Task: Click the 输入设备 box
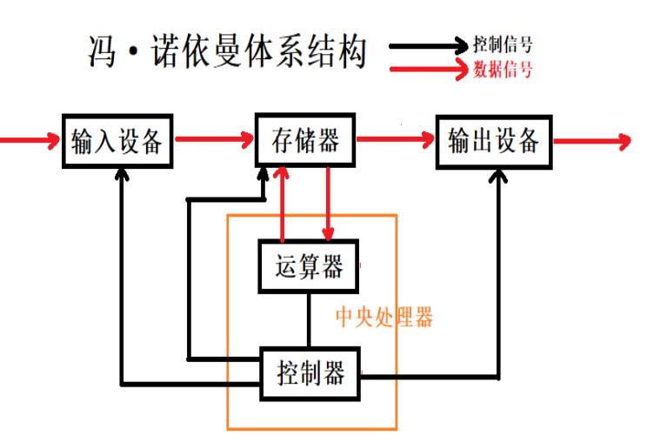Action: tap(117, 140)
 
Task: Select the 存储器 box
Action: tap(304, 140)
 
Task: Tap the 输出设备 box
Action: tap(494, 140)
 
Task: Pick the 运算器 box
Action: tap(309, 266)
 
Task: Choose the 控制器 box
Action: tap(310, 373)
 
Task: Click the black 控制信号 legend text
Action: tap(504, 44)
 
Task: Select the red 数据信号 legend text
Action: tap(504, 70)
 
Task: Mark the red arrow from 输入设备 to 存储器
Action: tap(213, 138)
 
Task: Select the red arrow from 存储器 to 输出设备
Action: tap(396, 138)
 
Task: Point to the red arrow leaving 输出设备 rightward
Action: tap(591, 139)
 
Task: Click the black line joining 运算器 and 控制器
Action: tap(309, 319)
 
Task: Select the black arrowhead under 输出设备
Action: tap(499, 177)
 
